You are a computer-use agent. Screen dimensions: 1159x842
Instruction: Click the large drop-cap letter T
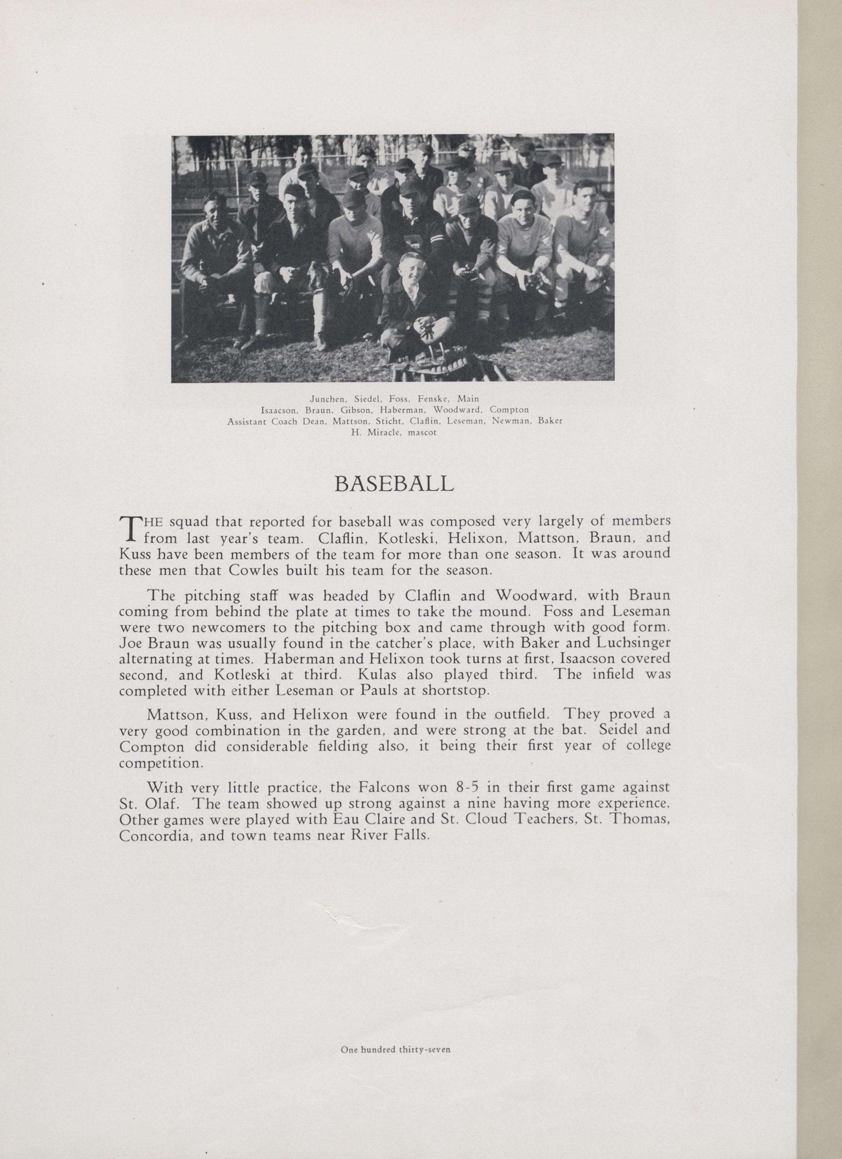tap(129, 528)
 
